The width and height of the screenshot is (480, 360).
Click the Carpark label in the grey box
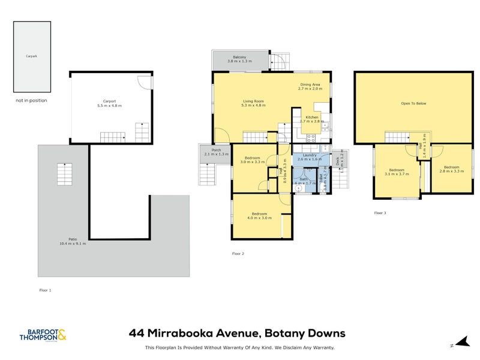click(31, 56)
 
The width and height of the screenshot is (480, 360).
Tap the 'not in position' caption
click(31, 101)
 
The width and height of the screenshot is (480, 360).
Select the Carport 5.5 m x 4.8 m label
click(109, 104)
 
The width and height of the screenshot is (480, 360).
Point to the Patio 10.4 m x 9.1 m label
click(73, 242)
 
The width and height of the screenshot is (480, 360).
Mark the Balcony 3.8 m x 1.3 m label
click(239, 59)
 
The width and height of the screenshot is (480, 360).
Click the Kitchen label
click(311, 119)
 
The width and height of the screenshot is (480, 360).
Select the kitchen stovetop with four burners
click(312, 137)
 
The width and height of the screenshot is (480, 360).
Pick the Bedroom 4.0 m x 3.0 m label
click(259, 215)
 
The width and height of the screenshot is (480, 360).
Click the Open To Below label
click(413, 104)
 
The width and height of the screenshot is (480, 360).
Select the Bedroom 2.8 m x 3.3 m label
click(451, 169)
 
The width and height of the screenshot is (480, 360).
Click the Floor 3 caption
click(380, 212)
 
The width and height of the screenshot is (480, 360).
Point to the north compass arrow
click(460, 343)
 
